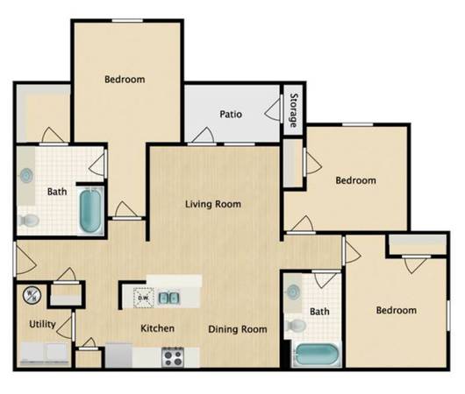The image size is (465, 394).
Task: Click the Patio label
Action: coord(231,115)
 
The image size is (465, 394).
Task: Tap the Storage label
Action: coord(293,110)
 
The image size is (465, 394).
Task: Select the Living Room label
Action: coord(213,204)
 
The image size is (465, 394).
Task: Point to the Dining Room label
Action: coord(238,329)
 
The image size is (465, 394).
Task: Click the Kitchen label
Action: coord(157,328)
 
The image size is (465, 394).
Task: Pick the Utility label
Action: coord(42,324)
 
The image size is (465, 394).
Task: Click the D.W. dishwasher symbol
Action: coord(144,298)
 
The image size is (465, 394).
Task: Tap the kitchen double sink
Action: coord(168,298)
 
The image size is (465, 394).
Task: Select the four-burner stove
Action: coord(173,357)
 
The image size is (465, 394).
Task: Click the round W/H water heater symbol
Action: coord(32,295)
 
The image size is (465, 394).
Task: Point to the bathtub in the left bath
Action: coord(90,211)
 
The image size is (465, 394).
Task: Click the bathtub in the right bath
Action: coord(317,355)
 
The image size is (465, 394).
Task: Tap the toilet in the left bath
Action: coord(28,221)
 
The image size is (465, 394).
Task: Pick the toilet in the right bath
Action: coord(295,326)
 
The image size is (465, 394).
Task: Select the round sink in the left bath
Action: coord(26,176)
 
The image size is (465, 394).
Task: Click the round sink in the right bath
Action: coord(293,292)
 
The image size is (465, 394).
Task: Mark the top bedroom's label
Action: coord(125,80)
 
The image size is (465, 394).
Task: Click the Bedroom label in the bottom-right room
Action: coord(397,310)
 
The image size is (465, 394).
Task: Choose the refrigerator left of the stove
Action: coord(118,355)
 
